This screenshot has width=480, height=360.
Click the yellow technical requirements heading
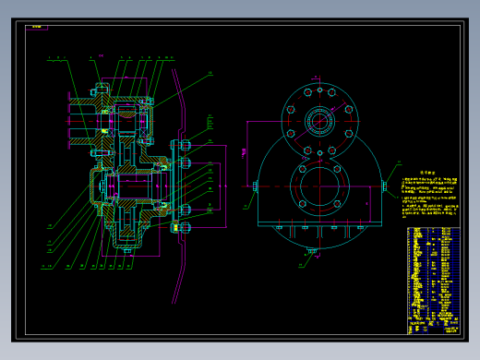pos(426,173)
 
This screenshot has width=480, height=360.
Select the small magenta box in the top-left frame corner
pos(37,28)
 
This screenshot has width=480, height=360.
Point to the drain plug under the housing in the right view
pos(312,249)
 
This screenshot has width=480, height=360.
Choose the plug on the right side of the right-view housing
pos(384,186)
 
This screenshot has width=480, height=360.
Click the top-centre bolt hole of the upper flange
pos(318,89)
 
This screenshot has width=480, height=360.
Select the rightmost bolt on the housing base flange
pos(359,226)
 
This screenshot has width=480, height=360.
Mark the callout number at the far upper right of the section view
pos(209,73)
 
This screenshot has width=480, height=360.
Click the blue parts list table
pos(432,272)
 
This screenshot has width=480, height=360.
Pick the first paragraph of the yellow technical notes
pos(426,185)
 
